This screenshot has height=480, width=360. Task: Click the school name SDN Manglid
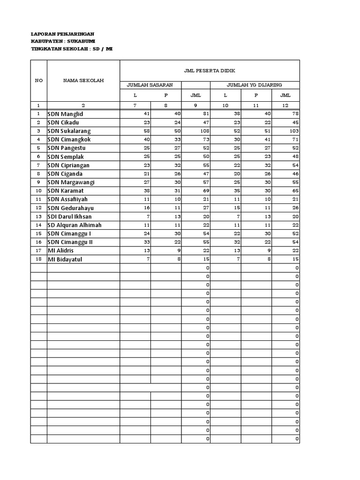point(67,114)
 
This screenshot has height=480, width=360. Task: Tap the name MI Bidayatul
point(68,259)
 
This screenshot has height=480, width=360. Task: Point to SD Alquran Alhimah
point(75,225)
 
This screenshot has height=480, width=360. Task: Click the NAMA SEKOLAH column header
point(83,80)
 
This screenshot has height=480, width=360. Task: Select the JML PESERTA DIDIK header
point(210,70)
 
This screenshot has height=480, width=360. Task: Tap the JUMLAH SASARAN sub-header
point(150,85)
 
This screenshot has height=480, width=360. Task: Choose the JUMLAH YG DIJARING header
point(255,85)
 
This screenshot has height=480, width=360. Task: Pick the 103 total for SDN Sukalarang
point(293,131)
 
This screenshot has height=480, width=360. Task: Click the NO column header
point(38,80)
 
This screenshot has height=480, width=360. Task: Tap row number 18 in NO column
point(38,259)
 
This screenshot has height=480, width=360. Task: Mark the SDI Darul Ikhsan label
point(70,217)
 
